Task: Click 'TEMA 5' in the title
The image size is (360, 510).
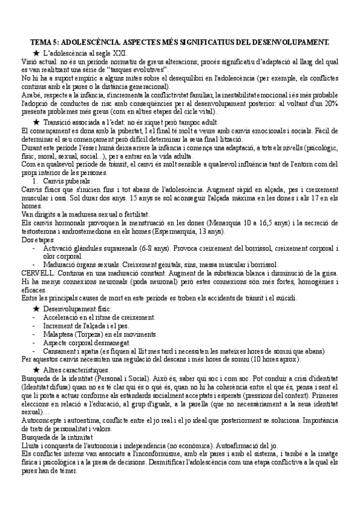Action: click(45, 43)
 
